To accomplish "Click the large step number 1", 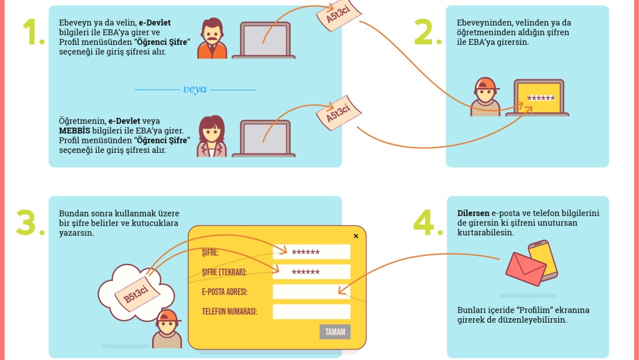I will click(32, 32).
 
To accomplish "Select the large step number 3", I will click(29, 223).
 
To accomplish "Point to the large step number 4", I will click(431, 223).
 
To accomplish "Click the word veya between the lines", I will click(195, 89).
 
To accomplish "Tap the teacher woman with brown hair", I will click(212, 135).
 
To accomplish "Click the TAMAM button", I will click(335, 332).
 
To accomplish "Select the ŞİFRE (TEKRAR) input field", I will click(311, 273).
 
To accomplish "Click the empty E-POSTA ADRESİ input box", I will click(311, 292).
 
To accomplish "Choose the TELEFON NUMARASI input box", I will click(311, 312).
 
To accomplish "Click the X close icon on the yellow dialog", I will click(356, 236).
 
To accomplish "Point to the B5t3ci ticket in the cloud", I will click(135, 293).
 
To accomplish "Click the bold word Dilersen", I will click(474, 213).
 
